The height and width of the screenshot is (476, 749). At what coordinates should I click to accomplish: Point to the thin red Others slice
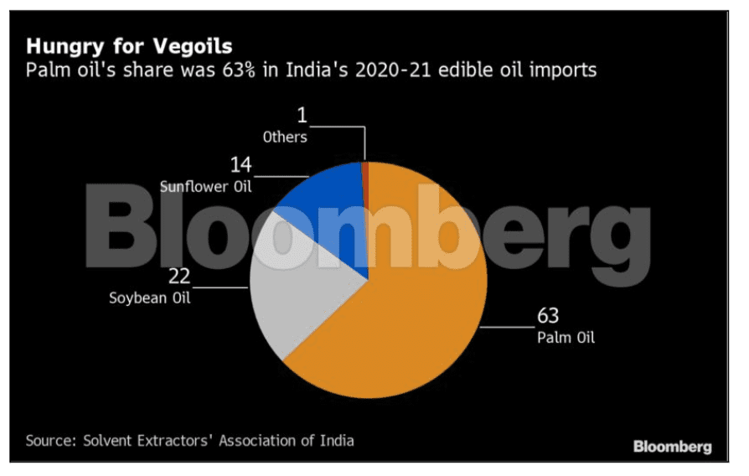point(365,172)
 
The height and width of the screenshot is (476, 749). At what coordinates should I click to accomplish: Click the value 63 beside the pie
point(548,318)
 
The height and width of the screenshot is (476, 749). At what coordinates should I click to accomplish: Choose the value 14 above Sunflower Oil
point(240,165)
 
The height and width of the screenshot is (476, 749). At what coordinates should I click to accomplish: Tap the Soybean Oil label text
point(150,297)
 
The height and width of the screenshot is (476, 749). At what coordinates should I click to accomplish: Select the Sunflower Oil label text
point(206,186)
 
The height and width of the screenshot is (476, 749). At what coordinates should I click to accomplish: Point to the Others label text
point(286,137)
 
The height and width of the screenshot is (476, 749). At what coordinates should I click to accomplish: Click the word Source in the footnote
point(49,440)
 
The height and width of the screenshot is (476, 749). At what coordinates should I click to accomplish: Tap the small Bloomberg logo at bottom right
point(672,445)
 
